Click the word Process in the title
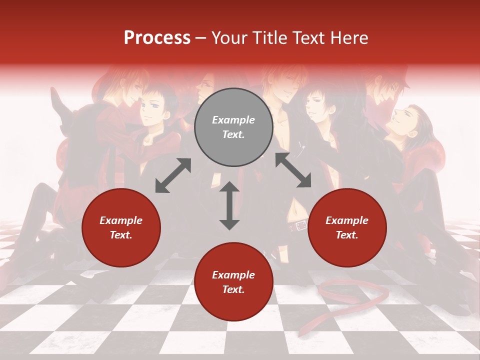[157, 38]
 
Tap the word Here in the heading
[348, 38]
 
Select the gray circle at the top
[233, 127]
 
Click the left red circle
[121, 227]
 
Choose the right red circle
[347, 227]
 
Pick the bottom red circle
[233, 282]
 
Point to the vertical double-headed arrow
[229, 205]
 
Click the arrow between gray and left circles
[173, 175]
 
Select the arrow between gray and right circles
[293, 170]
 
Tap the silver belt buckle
[301, 226]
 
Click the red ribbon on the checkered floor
[350, 295]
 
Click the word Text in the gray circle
[233, 134]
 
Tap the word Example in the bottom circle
[233, 275]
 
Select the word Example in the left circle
[121, 220]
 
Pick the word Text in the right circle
[347, 235]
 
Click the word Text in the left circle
[121, 235]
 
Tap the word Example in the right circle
[347, 220]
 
